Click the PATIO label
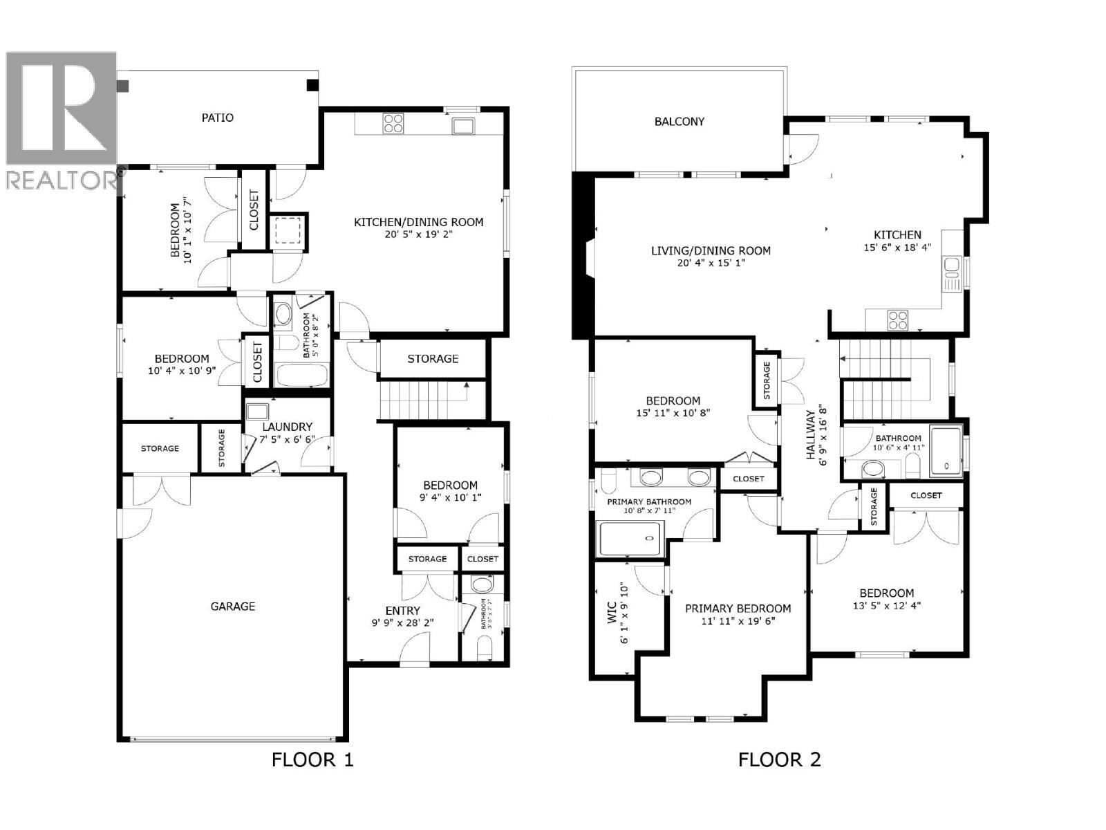217,118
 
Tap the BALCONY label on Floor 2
679,122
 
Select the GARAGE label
232,607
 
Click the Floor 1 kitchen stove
393,124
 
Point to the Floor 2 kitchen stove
898,320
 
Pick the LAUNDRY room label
287,427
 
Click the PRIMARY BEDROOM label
738,609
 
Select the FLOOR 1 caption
312,760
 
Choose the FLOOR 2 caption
779,760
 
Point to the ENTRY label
402,611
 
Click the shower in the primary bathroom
630,539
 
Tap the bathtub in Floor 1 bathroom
301,375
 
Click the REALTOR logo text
61,181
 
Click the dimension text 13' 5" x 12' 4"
886,605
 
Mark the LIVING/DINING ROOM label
711,251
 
